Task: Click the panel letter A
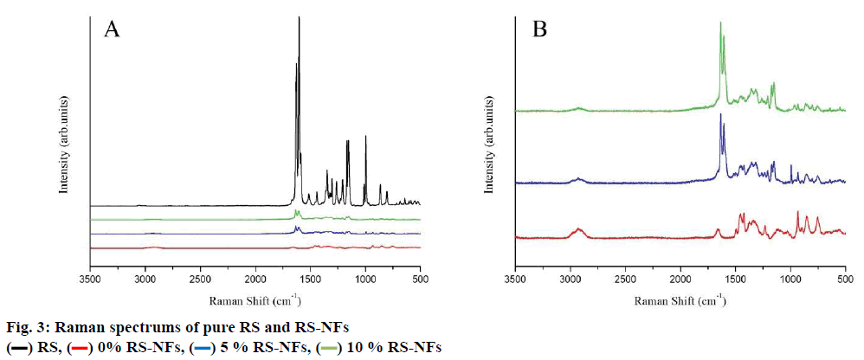tap(112, 30)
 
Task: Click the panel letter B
tap(539, 30)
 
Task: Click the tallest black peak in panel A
tap(299, 19)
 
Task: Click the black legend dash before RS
tap(16, 348)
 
